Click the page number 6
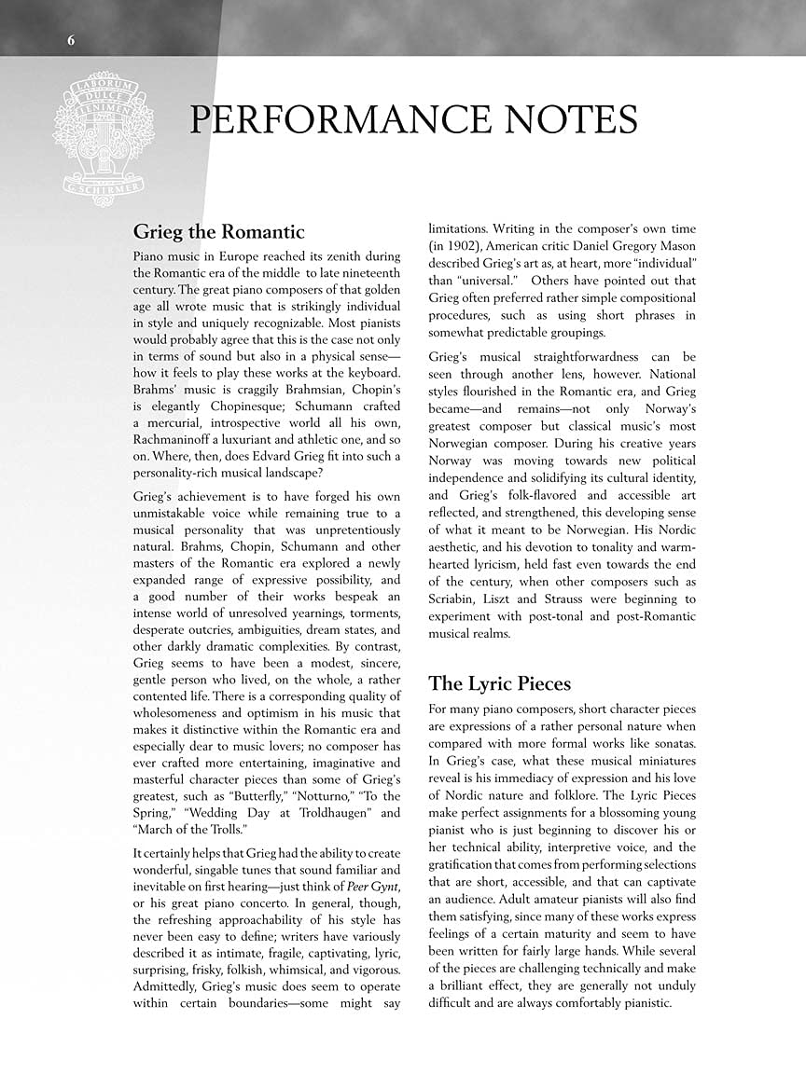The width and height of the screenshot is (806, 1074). coord(72,39)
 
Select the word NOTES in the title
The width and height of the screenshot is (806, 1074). coord(576,121)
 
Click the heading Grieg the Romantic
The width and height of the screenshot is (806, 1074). coord(219,231)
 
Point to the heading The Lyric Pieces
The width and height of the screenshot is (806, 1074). coord(499,683)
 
